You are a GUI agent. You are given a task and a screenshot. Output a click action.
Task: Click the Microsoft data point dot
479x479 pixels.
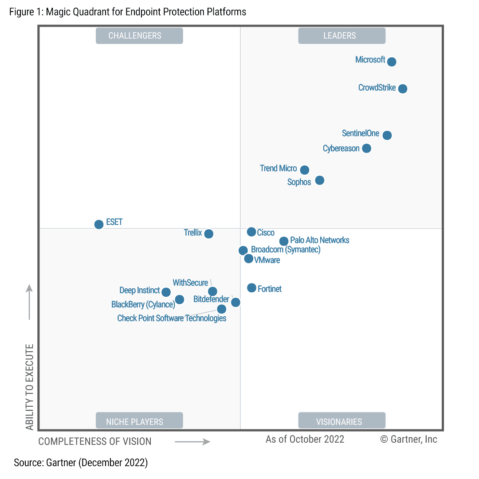[391, 62]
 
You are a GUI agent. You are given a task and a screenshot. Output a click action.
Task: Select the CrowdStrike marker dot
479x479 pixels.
[402, 89]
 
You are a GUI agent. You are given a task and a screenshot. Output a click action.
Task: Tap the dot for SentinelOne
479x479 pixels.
[387, 135]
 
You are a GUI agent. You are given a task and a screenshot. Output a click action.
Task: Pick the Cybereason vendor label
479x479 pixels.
[341, 149]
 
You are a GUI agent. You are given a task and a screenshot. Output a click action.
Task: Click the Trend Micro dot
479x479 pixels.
[304, 170]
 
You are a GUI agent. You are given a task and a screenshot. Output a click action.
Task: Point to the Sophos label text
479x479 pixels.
[299, 182]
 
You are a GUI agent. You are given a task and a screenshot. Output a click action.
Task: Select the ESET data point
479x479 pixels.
[99, 224]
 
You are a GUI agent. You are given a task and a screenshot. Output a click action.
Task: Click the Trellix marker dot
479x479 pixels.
[208, 234]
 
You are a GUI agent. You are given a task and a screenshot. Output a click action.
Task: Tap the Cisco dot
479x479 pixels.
[251, 232]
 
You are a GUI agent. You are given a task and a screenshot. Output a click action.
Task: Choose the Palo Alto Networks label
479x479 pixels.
[320, 240]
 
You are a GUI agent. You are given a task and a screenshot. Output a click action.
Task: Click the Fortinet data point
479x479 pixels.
[251, 288]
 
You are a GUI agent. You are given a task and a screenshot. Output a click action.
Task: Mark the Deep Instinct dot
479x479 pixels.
[166, 292]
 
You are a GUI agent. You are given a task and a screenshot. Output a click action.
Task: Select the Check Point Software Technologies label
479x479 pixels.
[172, 318]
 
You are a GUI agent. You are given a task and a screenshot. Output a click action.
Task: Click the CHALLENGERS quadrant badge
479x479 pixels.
[139, 36]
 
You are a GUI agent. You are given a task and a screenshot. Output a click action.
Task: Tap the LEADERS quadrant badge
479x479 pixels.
[342, 36]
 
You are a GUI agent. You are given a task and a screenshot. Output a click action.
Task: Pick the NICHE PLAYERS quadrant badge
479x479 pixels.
[139, 421]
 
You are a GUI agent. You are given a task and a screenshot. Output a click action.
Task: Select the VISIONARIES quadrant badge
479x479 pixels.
[342, 421]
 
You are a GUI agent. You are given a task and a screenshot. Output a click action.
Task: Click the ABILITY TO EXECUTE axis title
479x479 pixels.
[30, 386]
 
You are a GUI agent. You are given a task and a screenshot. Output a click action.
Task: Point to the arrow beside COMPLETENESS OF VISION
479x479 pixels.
[192, 442]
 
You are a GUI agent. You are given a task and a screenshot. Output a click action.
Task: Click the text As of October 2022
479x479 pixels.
[305, 439]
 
